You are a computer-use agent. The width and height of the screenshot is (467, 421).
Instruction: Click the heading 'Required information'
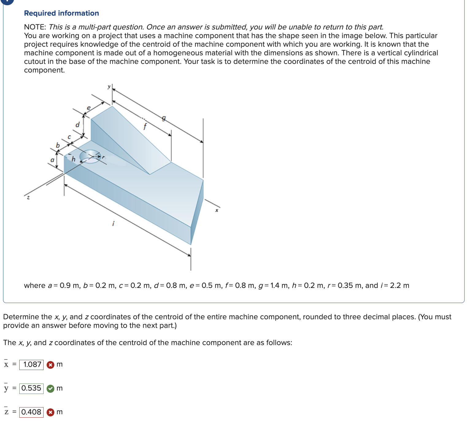(61, 13)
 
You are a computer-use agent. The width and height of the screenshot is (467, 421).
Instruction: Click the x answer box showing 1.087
(32, 364)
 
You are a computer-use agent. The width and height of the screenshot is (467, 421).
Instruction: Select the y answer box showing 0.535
(32, 388)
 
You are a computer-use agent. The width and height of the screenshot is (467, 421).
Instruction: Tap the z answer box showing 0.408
(32, 412)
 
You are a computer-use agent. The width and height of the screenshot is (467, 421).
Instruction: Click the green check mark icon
(50, 389)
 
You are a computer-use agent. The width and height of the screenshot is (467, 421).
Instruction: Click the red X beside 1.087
(51, 365)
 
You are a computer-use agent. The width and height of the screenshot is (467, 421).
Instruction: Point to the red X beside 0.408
(51, 412)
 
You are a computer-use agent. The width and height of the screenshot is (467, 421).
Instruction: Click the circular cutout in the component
(90, 156)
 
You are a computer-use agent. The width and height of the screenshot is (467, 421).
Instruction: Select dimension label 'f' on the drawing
(145, 126)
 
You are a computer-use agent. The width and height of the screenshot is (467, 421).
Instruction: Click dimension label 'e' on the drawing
(89, 108)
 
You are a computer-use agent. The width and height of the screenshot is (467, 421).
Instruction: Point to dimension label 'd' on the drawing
(77, 125)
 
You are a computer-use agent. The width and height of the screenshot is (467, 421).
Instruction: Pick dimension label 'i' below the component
(113, 224)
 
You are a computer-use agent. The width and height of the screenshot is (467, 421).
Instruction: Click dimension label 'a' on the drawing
(52, 160)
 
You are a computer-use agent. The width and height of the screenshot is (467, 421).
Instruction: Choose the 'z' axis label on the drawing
(28, 198)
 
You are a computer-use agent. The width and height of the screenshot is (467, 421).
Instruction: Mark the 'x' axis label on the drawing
(217, 210)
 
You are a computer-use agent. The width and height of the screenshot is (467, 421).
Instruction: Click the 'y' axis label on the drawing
(109, 87)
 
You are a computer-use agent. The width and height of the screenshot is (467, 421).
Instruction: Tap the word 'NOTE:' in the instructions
(35, 27)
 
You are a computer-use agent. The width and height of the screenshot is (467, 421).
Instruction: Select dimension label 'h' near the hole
(73, 159)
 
